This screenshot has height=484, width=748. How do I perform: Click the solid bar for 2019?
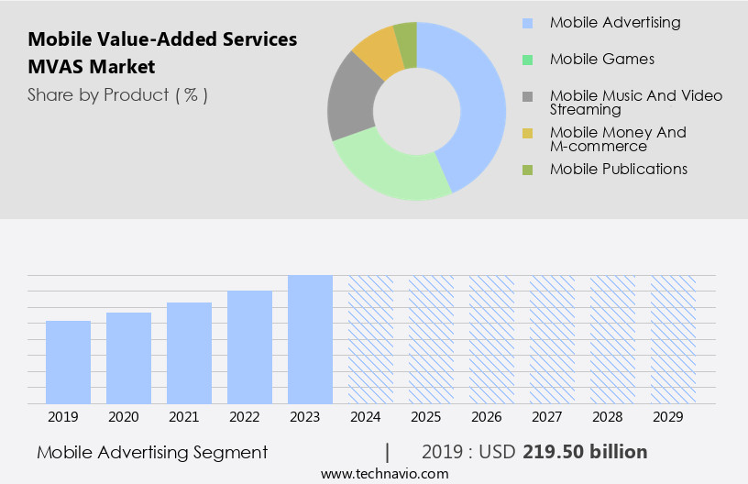coord(69,362)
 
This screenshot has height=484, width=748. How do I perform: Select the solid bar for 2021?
coord(190,353)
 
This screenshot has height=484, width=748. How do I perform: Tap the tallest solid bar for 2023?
coord(310,339)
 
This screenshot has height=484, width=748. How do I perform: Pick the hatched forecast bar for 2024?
coord(370,339)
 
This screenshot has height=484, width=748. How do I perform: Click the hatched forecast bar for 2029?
coord(673,339)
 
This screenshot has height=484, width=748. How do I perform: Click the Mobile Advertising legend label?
coord(615,23)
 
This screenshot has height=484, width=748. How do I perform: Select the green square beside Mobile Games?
coord(527,60)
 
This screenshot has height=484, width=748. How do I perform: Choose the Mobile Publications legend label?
coord(619,170)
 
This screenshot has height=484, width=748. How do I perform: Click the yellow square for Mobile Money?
coord(527,134)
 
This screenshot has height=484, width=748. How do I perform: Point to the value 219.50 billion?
coord(585,452)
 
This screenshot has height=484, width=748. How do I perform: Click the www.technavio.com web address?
coord(385,474)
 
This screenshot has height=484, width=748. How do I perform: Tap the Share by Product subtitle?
coord(117,95)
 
